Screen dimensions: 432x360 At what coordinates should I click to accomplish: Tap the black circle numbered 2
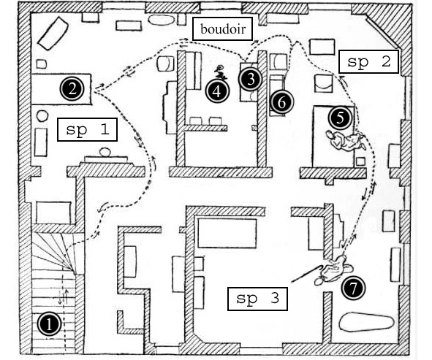(x=72, y=89)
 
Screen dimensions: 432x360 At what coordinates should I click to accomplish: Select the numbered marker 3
(x=251, y=80)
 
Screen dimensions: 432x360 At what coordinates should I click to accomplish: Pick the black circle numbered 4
(x=217, y=92)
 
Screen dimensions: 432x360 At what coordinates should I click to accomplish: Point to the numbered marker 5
(x=341, y=118)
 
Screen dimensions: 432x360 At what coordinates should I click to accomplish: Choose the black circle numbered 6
(x=282, y=102)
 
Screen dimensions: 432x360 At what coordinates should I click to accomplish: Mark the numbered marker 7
(x=353, y=288)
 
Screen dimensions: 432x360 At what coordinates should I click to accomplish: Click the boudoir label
(x=223, y=29)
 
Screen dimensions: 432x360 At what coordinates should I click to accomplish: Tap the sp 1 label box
(x=87, y=129)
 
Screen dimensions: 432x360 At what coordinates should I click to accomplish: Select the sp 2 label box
(x=368, y=61)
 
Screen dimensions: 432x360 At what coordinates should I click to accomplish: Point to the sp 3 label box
(x=257, y=299)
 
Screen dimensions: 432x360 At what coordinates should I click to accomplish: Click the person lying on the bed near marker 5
(x=346, y=139)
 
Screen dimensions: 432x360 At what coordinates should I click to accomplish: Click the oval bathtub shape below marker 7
(x=366, y=322)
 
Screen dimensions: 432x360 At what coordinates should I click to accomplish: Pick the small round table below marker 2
(x=42, y=116)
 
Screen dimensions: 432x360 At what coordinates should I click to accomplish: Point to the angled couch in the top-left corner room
(x=53, y=33)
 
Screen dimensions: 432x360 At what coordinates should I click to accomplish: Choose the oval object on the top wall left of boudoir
(x=161, y=20)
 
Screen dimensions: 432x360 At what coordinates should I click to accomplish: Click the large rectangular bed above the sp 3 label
(x=227, y=234)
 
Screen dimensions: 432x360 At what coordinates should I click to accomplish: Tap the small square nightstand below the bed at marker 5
(x=360, y=161)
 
